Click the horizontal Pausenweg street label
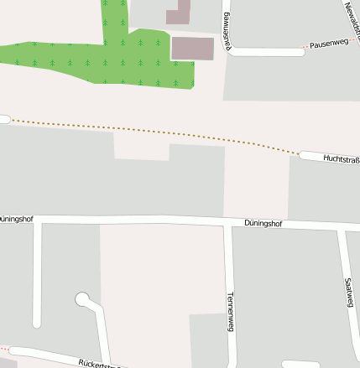click(327, 44)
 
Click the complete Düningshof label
click(263, 224)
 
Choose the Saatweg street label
click(349, 293)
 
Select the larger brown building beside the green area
click(192, 48)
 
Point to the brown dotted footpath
click(151, 132)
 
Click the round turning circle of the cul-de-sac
click(82, 298)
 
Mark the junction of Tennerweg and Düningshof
click(227, 223)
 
